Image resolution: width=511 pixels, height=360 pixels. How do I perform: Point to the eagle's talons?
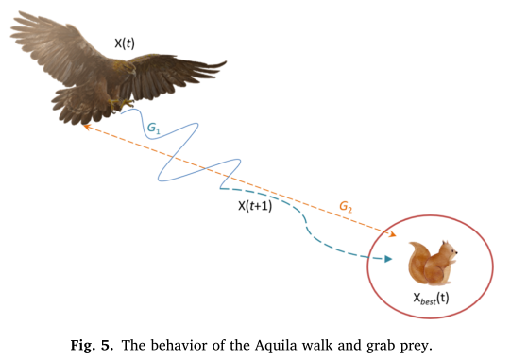pos(121,101)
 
